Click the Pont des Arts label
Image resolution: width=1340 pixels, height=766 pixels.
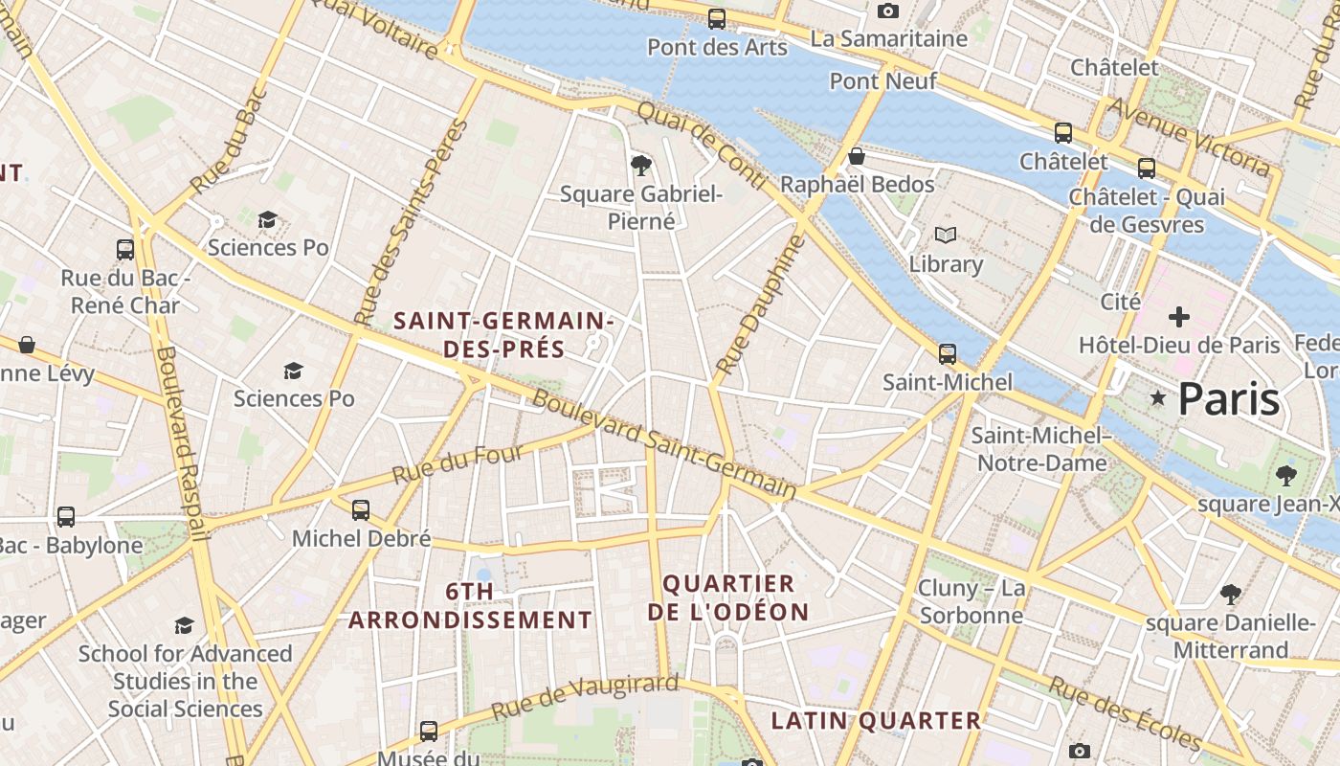717,47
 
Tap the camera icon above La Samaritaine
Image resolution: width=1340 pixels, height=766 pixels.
888,11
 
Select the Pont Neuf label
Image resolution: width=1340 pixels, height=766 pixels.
882,81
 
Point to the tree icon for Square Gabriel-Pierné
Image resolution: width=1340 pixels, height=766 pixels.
641,167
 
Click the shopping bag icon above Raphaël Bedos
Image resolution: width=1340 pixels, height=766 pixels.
857,156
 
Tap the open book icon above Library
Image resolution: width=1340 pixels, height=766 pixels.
946,236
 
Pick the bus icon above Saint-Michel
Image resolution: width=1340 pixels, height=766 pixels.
948,354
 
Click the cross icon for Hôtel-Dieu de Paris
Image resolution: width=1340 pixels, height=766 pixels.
1179,317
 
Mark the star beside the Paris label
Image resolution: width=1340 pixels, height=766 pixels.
1158,397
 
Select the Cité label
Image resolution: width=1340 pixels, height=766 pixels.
1120,302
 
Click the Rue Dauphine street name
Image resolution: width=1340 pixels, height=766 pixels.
762,304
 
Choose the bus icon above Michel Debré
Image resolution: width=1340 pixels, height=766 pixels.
361,510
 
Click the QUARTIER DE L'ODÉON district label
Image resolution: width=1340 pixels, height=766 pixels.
728,597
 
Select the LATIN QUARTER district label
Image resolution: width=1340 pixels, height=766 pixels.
876,721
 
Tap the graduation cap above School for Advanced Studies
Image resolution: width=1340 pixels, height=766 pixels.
184,626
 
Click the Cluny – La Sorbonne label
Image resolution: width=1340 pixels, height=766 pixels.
971,601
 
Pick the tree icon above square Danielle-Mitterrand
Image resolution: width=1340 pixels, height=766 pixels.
1231,595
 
